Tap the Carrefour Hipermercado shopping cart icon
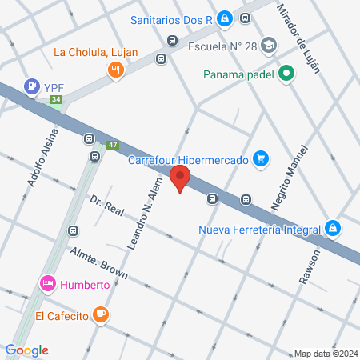[259, 159]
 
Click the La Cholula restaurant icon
[117, 70]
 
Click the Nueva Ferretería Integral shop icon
[332, 230]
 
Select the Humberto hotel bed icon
[47, 283]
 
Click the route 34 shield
[55, 100]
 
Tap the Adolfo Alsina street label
[43, 157]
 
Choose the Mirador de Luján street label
[298, 38]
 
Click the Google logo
[27, 350]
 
